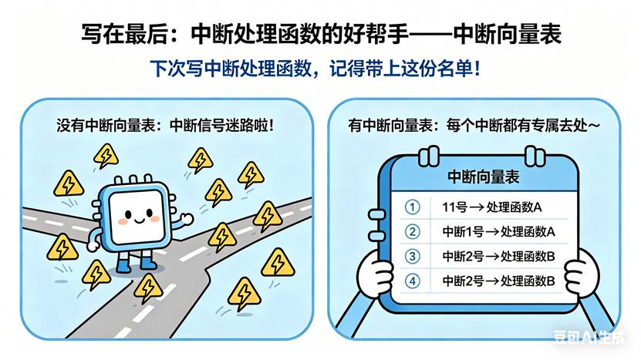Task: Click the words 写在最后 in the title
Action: pyautogui.click(x=124, y=33)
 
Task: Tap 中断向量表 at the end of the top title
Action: pyautogui.click(x=507, y=33)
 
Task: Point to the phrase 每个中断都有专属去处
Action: pyautogui.click(x=516, y=125)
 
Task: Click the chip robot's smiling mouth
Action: pyautogui.click(x=140, y=220)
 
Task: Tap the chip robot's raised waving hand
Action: pyautogui.click(x=187, y=219)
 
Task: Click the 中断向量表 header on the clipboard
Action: pyautogui.click(x=483, y=177)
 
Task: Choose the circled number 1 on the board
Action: pyautogui.click(x=412, y=207)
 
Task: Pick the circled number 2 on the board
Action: pyautogui.click(x=412, y=232)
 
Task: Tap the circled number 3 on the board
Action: pyautogui.click(x=412, y=256)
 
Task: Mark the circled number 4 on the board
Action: pyautogui.click(x=412, y=281)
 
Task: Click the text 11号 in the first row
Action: pyautogui.click(x=454, y=207)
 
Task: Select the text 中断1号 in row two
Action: pyautogui.click(x=463, y=232)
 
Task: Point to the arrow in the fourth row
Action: pyautogui.click(x=492, y=281)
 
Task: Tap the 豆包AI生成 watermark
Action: pyautogui.click(x=589, y=336)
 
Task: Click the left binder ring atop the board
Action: pyautogui.click(x=428, y=156)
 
